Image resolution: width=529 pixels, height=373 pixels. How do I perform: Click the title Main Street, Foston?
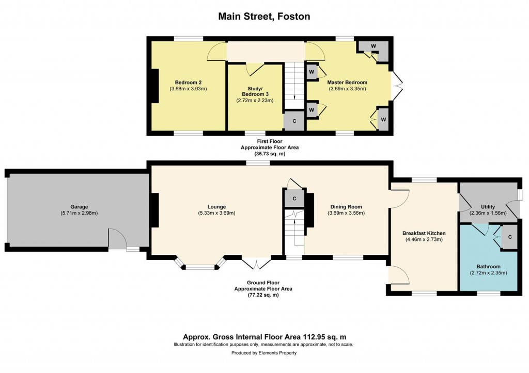264,17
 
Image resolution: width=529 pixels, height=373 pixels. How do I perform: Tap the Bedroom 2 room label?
188,83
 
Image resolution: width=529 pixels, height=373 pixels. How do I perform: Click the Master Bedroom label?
347,82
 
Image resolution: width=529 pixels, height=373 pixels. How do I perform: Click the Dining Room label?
346,207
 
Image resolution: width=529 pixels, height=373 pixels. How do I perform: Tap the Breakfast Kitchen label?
424,233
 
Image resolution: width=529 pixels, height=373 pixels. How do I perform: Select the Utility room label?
488,207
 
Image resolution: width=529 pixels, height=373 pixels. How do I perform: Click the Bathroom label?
488,267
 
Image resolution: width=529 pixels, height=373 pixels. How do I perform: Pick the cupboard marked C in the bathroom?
509,237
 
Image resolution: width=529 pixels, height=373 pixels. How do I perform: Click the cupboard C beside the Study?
294,122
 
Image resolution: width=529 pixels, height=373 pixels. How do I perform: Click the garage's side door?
117,239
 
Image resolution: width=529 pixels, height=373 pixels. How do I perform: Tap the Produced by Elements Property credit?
264,353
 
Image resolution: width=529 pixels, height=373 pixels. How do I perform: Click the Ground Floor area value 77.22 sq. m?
263,295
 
